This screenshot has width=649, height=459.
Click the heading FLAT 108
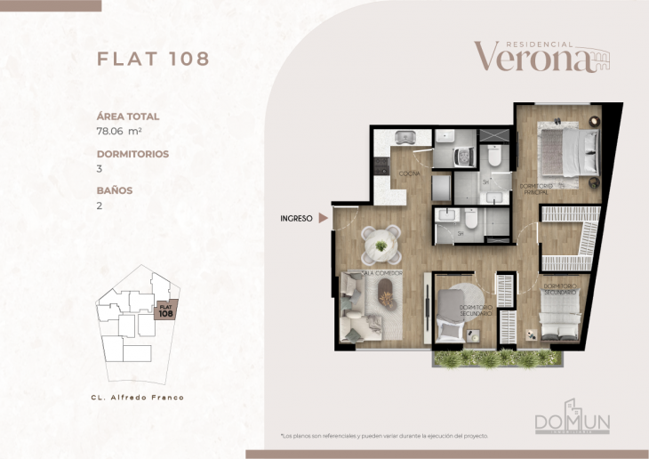153,60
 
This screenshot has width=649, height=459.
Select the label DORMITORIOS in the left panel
132,153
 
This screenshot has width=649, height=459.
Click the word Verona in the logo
532,58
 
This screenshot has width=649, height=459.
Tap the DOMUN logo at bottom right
571,423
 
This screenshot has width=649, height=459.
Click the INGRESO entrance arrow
324,216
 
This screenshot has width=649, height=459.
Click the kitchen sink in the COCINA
406,138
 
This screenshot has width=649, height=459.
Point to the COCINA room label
409,173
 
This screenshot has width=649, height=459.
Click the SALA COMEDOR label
382,273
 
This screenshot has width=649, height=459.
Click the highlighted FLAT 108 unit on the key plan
165,310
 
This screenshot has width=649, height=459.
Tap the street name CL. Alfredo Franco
138,397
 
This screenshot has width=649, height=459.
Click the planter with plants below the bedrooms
498,358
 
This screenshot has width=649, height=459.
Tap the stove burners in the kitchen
378,166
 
